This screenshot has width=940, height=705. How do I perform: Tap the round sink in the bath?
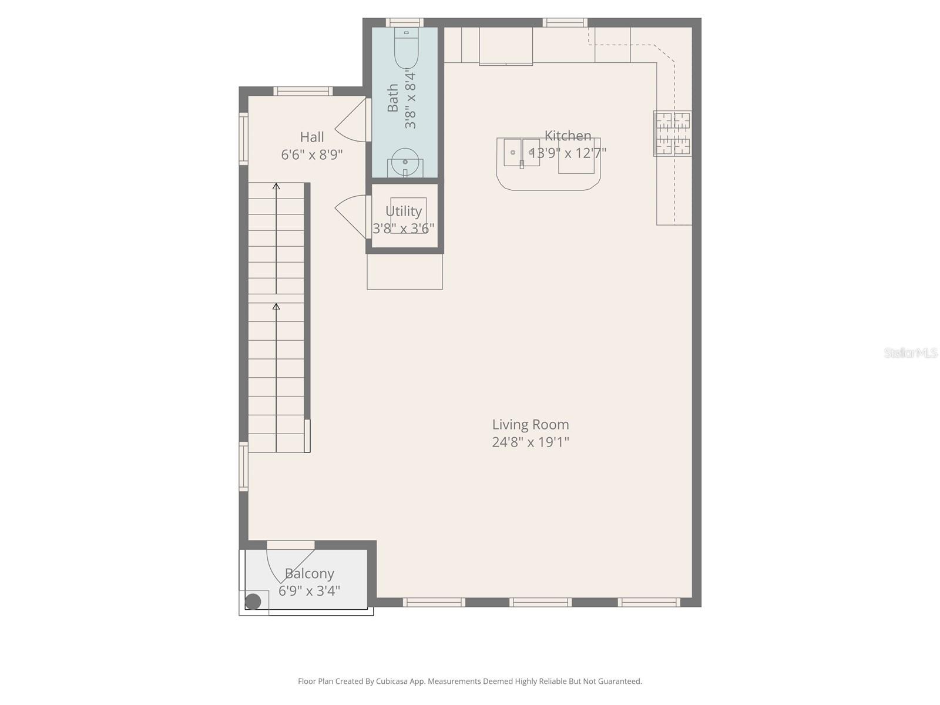[405, 161]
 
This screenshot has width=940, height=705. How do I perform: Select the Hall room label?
[312, 137]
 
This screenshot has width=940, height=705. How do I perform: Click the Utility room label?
[404, 211]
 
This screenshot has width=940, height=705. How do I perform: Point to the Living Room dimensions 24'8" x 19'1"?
[531, 442]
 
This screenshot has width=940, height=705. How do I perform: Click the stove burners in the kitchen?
[672, 133]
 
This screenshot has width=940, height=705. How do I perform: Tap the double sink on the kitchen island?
[522, 153]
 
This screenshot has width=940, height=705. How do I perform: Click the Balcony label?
[310, 573]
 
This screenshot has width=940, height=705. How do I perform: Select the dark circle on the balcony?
[253, 601]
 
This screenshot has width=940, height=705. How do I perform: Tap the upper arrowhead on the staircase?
[276, 186]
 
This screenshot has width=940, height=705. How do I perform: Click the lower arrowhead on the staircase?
[276, 306]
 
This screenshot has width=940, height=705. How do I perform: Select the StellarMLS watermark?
[911, 352]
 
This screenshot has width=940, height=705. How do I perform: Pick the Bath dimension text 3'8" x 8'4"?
[410, 99]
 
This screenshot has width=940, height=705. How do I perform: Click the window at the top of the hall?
[303, 91]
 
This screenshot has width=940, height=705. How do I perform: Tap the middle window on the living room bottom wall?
[540, 602]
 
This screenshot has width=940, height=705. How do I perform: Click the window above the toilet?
[404, 22]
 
